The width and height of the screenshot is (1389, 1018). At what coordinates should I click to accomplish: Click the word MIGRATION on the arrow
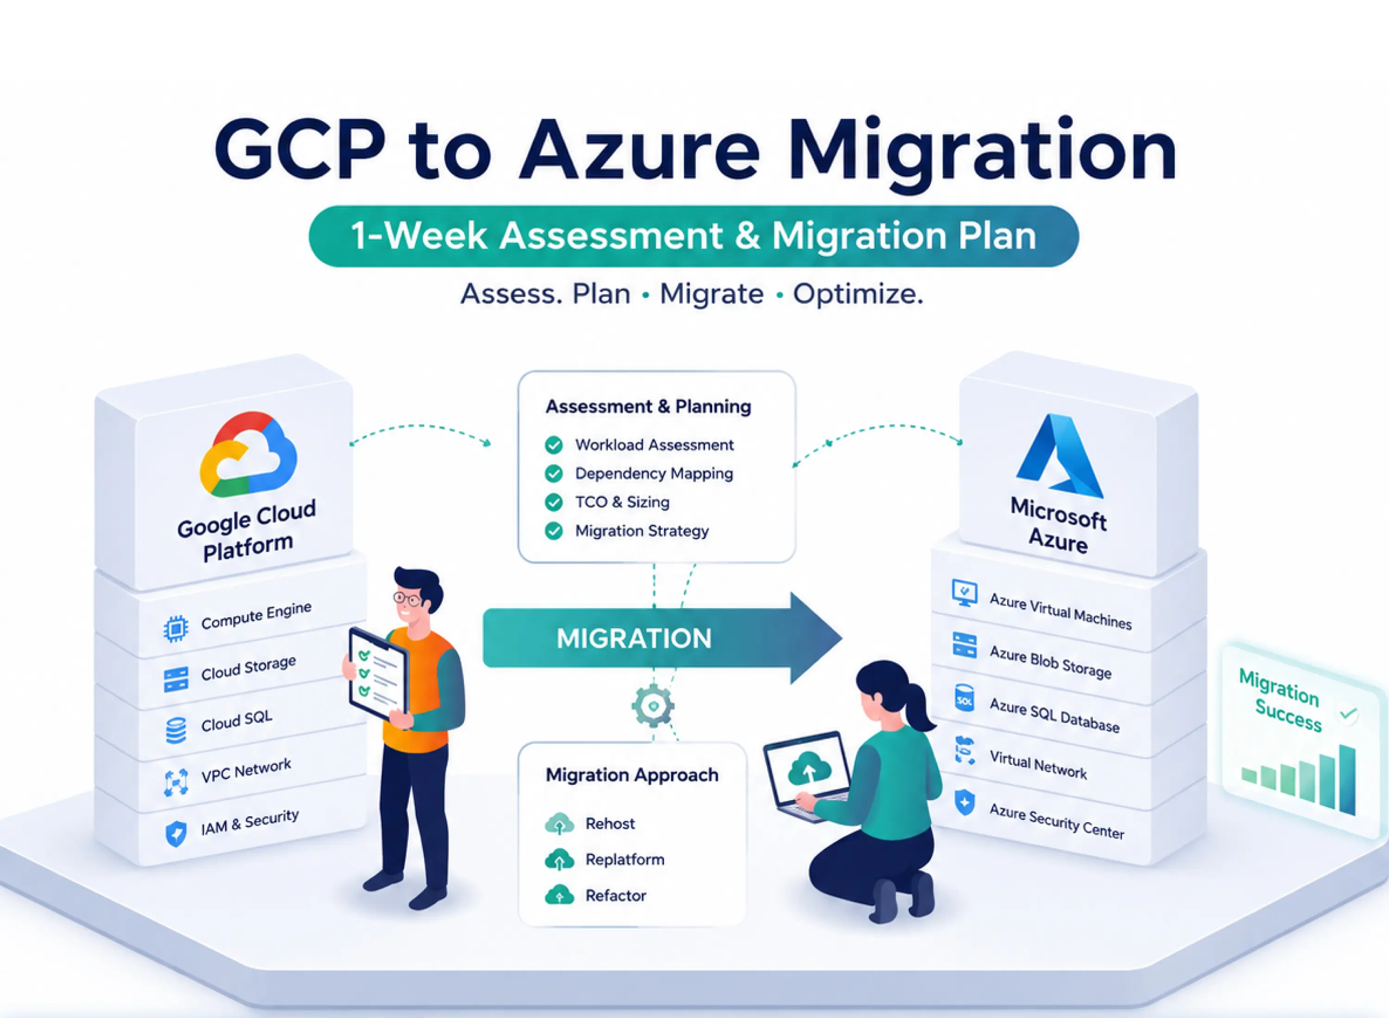634,639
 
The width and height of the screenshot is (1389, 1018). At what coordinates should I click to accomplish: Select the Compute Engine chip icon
175,628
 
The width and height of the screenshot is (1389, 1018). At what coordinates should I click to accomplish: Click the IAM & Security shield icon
176,834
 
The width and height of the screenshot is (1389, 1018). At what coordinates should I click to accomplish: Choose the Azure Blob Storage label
1051,661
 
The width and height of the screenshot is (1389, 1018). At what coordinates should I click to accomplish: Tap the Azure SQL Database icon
964,699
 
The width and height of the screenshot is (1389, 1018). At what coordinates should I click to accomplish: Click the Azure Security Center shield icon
964,802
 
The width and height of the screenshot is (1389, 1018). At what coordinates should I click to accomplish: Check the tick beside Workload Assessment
554,445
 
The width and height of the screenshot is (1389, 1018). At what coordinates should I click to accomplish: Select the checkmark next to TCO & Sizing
554,502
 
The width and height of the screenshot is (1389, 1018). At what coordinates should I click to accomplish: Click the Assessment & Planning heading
648,407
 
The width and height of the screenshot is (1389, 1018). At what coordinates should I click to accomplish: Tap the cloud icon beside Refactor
559,895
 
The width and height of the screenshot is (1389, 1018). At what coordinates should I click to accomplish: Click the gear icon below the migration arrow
653,706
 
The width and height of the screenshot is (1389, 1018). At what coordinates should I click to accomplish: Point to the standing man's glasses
407,598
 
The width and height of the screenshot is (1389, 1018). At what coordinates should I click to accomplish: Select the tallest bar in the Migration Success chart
1348,780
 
